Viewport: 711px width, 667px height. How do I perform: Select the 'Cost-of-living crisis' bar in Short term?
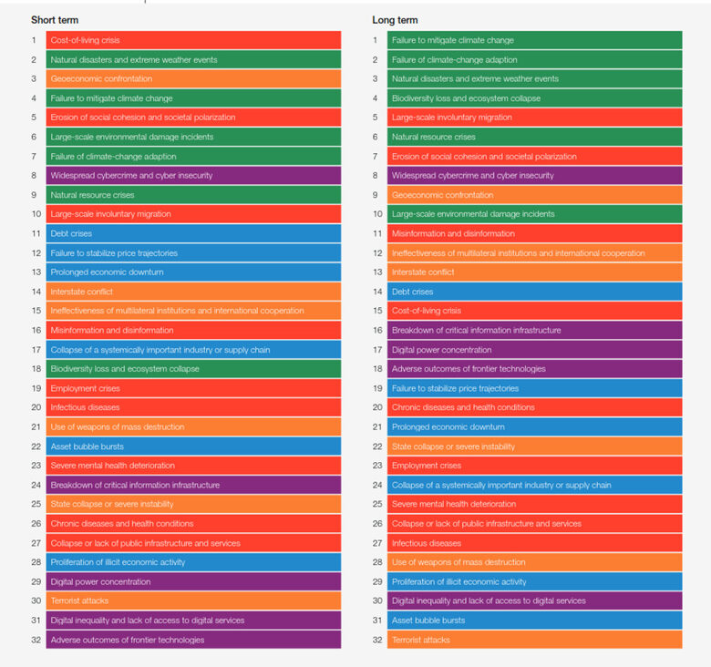pos(193,40)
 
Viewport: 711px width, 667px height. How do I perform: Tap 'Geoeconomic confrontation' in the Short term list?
pos(193,79)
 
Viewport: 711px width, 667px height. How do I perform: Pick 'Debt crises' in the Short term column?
pos(193,233)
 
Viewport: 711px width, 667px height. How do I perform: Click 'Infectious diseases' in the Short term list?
pos(193,407)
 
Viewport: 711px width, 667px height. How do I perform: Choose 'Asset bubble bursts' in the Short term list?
pos(193,446)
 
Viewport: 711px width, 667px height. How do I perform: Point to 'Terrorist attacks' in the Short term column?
pos(193,601)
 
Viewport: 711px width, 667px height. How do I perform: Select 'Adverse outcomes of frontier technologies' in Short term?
pos(193,640)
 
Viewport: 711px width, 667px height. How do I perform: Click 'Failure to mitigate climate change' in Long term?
pos(534,40)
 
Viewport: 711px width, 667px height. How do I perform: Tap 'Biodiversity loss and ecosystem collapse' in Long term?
pos(534,98)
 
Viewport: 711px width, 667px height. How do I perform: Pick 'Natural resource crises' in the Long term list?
pos(534,137)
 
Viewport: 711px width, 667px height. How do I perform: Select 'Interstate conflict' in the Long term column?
pos(534,272)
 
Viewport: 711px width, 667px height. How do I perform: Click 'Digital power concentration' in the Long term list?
pos(534,350)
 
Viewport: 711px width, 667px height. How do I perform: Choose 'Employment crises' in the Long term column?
pos(534,466)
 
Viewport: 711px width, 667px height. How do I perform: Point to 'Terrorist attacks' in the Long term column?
pos(534,640)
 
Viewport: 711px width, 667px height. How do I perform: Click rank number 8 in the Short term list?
pos(34,176)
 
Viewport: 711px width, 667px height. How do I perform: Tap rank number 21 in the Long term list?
pos(375,427)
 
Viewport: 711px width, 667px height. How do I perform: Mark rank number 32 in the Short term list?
pos(34,640)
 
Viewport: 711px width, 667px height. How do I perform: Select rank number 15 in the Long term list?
pos(375,311)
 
